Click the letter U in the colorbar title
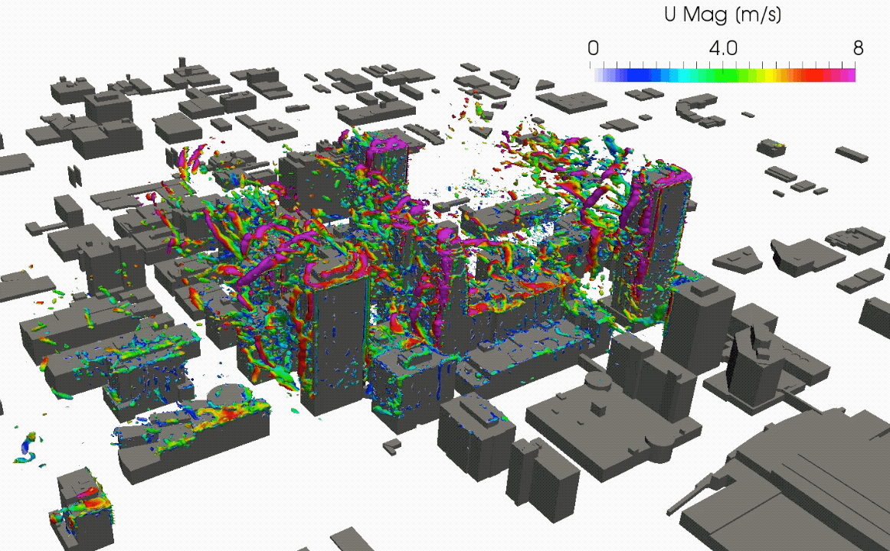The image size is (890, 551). coord(669,15)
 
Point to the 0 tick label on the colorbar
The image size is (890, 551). coord(593,48)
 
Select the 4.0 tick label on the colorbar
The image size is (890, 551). coord(723,48)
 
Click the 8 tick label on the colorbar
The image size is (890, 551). coord(858,48)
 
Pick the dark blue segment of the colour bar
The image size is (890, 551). coord(639,76)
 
